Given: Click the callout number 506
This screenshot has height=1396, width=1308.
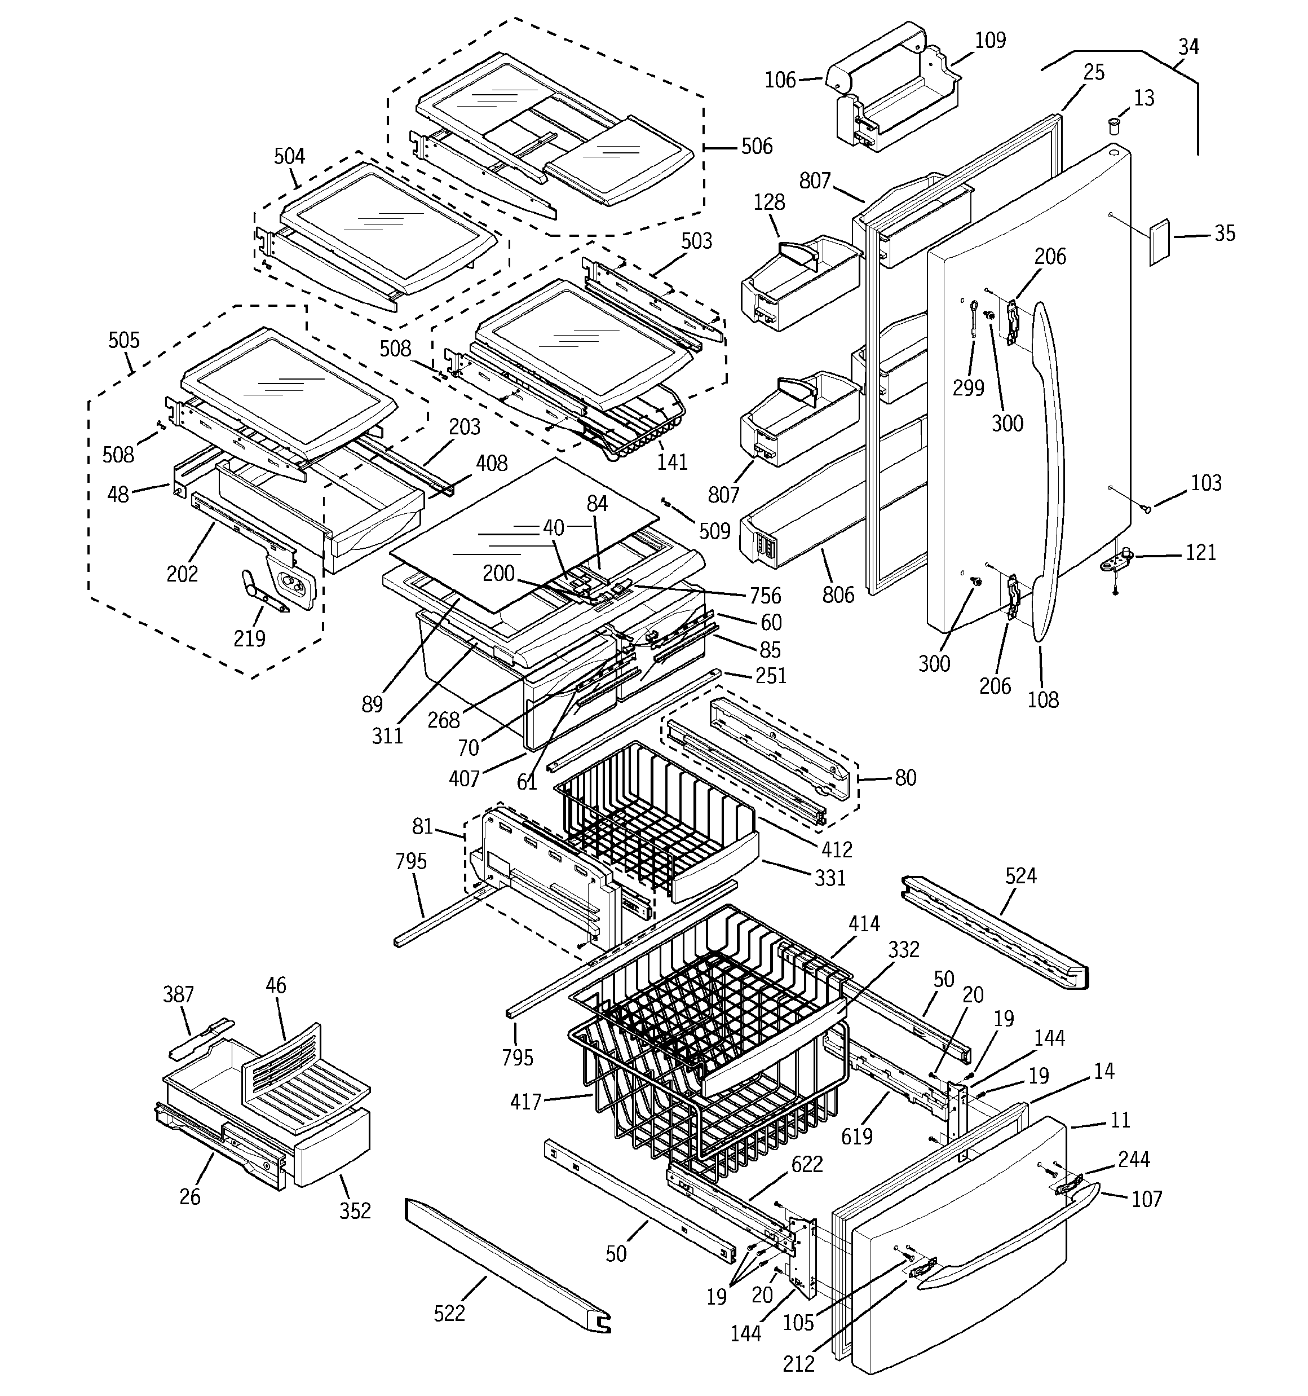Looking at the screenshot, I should coord(756,146).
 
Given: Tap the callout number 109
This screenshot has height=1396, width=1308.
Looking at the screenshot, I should coord(990,40).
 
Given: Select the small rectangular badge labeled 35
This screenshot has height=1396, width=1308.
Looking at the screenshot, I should coord(1159,243).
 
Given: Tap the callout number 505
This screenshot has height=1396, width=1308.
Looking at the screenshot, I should coord(123,341).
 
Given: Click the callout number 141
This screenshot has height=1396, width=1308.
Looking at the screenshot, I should coord(672,462).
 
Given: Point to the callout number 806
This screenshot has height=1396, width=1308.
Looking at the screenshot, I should coord(838,594).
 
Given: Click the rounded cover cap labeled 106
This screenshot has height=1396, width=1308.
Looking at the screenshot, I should coord(838,78).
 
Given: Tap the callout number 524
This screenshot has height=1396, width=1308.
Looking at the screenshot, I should coord(1020,875).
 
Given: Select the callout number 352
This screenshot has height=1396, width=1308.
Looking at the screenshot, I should coord(355,1210).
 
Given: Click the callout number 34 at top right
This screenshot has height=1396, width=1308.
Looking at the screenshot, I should coord(1188,47).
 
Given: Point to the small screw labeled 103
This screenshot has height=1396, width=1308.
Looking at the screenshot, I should coord(1147,508).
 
